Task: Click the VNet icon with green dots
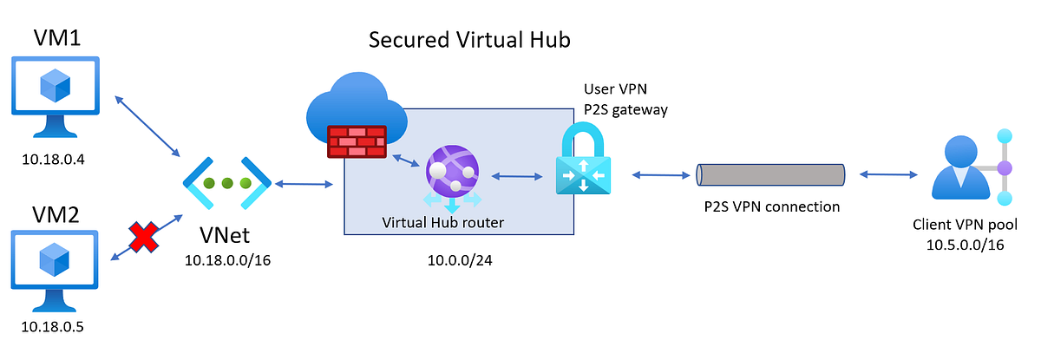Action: [x=227, y=184]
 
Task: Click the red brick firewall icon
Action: [x=357, y=141]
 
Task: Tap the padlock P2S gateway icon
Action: [x=584, y=160]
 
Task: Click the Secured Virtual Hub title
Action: [x=469, y=40]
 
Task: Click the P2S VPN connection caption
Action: [x=772, y=206]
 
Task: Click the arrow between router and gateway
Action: [x=519, y=176]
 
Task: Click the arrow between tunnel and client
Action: [x=887, y=175]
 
